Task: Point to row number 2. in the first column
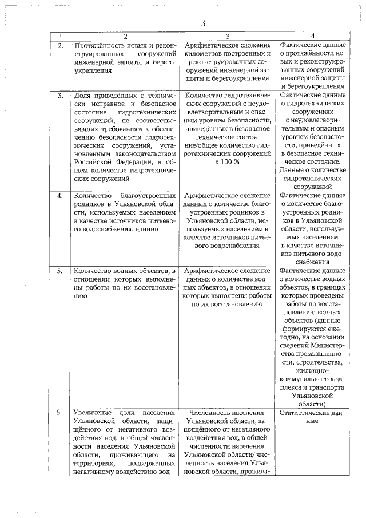pyautogui.click(x=61, y=45)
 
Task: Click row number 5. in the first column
pyautogui.click(x=61, y=271)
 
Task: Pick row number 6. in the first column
pyautogui.click(x=61, y=413)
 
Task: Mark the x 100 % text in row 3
pyautogui.click(x=227, y=162)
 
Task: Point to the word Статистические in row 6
pyautogui.click(x=305, y=412)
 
